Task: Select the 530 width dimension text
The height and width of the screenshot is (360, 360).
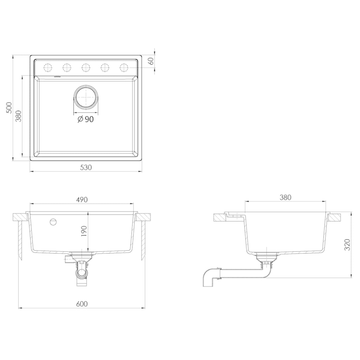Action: pos(86,168)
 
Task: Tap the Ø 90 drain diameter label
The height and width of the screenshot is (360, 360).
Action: pos(85,119)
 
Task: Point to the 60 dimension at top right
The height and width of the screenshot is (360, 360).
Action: pos(151,61)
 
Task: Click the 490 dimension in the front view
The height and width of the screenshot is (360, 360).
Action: pos(82,200)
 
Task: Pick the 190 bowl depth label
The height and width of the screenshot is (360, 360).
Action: pos(84,231)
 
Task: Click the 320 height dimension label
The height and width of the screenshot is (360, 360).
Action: pos(347,245)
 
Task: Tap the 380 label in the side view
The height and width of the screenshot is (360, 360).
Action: pos(286,197)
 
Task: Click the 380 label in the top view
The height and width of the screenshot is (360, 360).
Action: pos(18,116)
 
